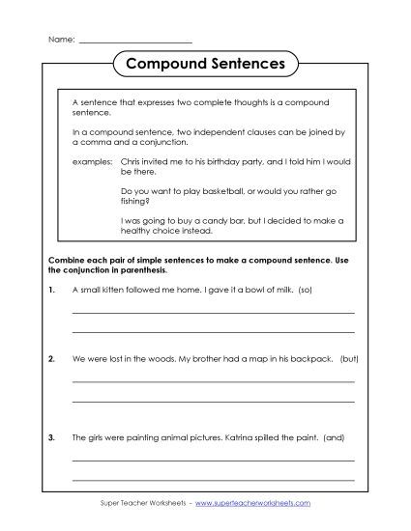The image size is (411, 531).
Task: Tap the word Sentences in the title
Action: coord(248,65)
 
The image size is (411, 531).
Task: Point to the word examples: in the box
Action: coord(92,162)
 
